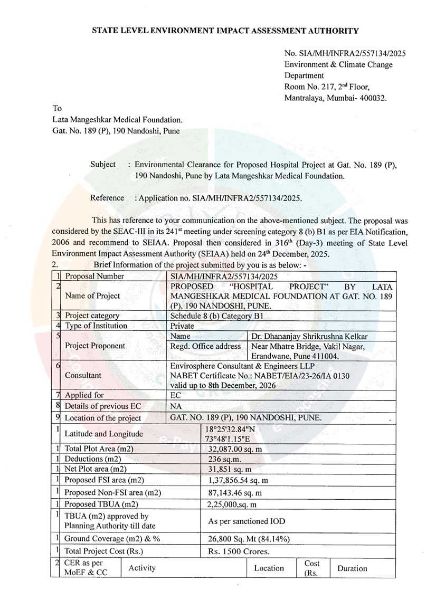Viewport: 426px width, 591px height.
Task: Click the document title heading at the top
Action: click(x=225, y=31)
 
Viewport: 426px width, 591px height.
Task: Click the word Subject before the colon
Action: click(x=103, y=165)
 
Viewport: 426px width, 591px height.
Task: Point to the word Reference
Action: click(x=107, y=198)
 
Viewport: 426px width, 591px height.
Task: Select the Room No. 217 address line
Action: click(x=327, y=87)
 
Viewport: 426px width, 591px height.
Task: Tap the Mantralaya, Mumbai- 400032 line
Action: click(x=335, y=98)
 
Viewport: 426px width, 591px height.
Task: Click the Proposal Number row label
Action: click(x=94, y=276)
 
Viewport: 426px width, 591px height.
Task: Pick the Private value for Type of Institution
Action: click(x=183, y=326)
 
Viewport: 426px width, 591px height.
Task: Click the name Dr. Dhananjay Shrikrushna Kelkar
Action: click(x=309, y=336)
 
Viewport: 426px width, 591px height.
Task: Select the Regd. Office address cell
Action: click(x=207, y=346)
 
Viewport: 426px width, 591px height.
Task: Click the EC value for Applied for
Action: click(x=177, y=394)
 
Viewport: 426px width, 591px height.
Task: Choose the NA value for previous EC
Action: click(x=177, y=406)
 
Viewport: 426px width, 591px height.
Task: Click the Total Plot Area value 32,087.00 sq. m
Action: click(x=235, y=449)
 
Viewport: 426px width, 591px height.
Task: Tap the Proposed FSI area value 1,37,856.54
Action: click(x=239, y=480)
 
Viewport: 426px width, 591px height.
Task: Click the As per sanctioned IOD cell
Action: click(x=246, y=521)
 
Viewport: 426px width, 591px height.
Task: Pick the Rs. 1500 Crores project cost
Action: click(x=239, y=551)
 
